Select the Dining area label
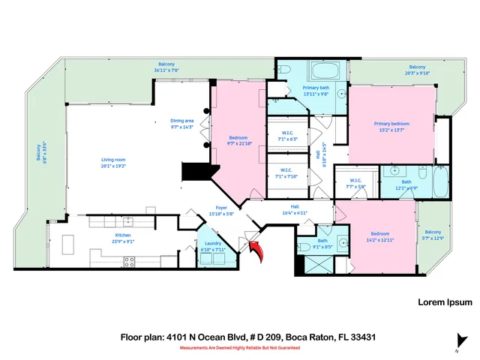181,124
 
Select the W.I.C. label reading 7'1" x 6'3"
288,136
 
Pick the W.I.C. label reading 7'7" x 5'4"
355,182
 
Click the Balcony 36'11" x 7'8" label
167,67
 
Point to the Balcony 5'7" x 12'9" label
433,235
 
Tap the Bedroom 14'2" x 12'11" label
378,236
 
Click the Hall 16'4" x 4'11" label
295,211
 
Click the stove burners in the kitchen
130,261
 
